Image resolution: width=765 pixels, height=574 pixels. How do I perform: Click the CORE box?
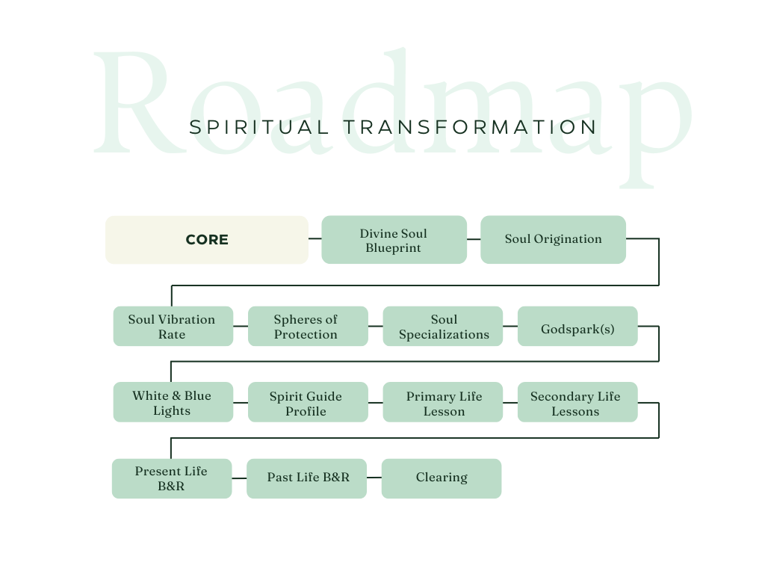(x=206, y=240)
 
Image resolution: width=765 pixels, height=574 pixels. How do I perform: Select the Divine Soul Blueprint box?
(x=394, y=240)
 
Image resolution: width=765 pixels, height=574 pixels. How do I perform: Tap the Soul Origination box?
(x=553, y=240)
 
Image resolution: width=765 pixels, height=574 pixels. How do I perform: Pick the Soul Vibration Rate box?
(x=173, y=327)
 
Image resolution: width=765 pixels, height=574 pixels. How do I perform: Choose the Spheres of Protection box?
(x=307, y=327)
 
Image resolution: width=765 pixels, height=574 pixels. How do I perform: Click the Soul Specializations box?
(x=443, y=327)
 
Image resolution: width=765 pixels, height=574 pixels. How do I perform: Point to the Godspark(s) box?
(x=577, y=327)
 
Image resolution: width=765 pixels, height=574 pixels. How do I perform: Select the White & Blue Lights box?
(x=173, y=403)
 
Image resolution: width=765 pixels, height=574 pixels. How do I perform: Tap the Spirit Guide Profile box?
(x=307, y=403)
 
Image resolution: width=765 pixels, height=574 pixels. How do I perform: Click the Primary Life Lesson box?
(x=443, y=403)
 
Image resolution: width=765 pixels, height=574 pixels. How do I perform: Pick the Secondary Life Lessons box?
(x=577, y=403)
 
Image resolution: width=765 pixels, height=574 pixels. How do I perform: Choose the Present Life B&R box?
(x=171, y=478)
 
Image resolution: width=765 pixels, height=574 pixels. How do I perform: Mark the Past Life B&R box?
(x=306, y=478)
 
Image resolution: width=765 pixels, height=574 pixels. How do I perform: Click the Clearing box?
(x=441, y=478)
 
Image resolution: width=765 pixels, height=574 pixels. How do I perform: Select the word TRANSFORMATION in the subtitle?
(x=471, y=127)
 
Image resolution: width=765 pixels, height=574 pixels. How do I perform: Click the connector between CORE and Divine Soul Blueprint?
(x=315, y=239)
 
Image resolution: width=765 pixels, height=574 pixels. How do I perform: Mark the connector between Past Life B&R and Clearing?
(x=374, y=478)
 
